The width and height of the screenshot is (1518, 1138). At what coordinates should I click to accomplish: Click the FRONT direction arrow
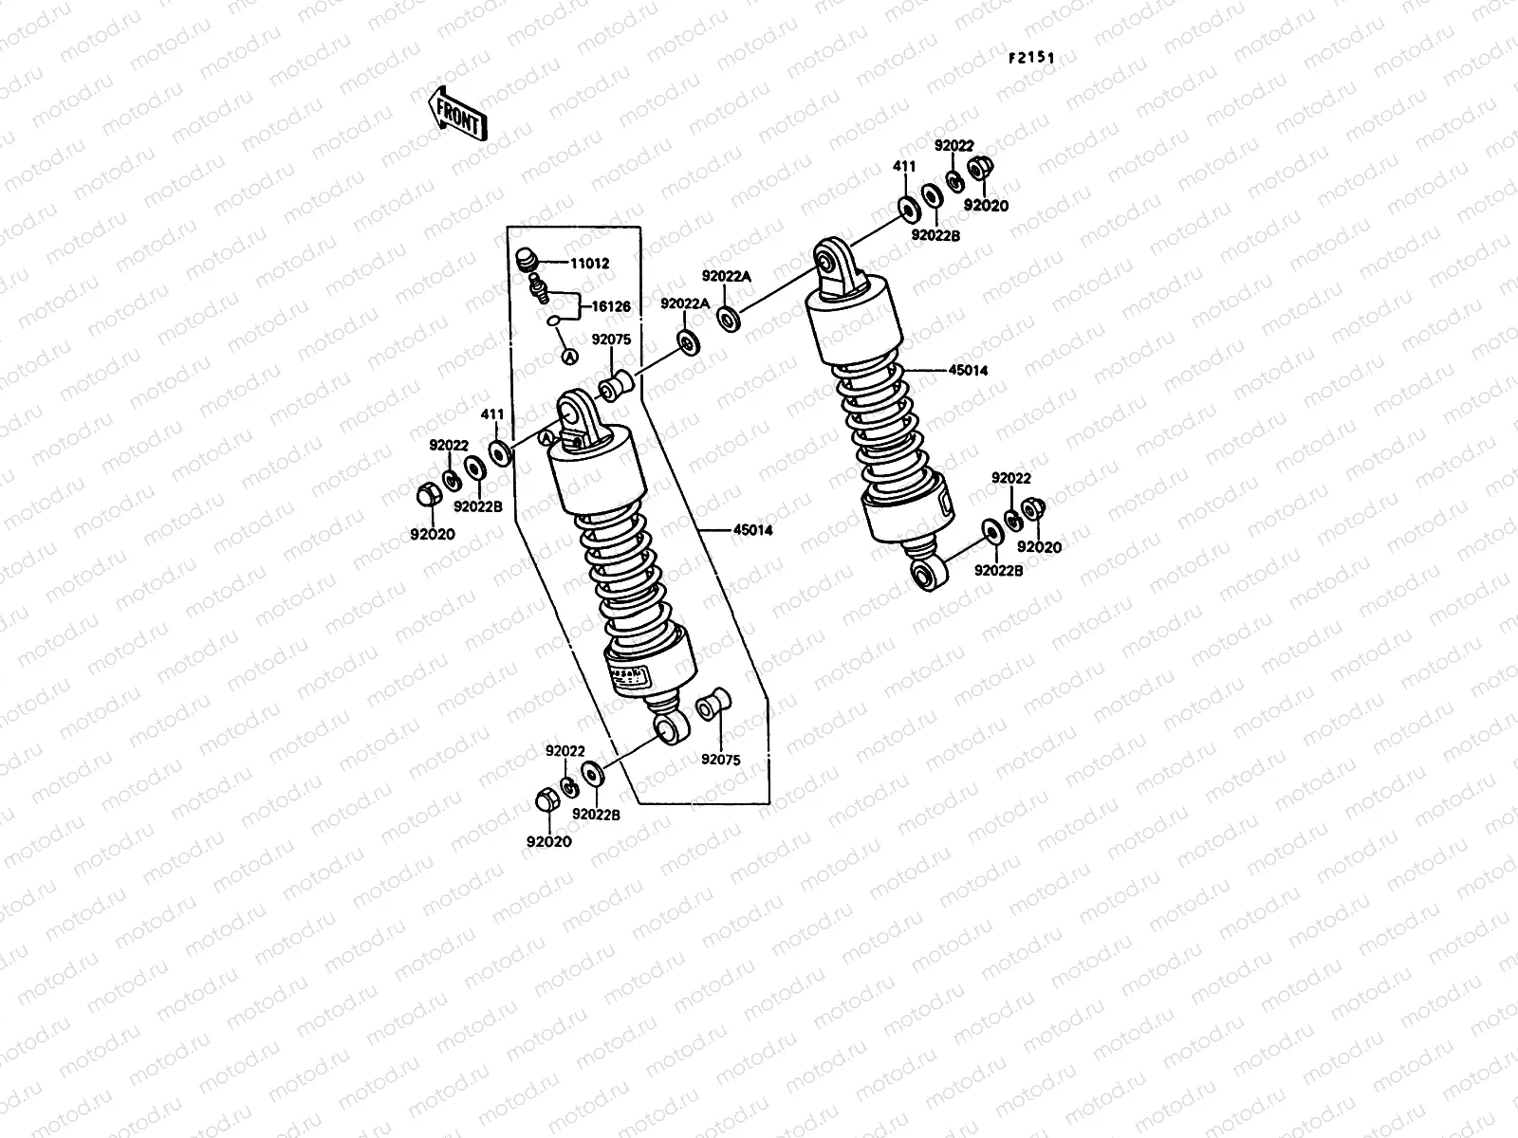tap(457, 113)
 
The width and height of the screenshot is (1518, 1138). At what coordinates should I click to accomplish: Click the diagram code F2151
tap(1031, 58)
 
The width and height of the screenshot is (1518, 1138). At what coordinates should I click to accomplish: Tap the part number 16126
tap(611, 306)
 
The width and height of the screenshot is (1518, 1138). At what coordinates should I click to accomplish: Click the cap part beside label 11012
tap(526, 259)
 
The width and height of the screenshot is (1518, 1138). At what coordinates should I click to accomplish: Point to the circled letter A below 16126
tap(568, 355)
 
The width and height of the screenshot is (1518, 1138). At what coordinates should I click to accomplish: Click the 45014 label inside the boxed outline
tap(752, 530)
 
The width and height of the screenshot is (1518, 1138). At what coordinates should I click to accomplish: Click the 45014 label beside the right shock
tap(968, 371)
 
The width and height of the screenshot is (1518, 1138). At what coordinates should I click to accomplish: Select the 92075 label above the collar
tap(611, 339)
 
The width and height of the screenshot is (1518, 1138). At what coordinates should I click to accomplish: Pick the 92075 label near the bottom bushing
tap(721, 760)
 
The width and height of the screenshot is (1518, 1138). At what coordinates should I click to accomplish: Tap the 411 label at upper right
tap(904, 167)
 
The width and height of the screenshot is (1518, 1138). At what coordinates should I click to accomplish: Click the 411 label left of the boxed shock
tap(491, 414)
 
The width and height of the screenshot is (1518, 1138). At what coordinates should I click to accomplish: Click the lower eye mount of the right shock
tap(925, 574)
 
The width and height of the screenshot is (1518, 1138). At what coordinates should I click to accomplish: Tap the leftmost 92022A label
tap(684, 303)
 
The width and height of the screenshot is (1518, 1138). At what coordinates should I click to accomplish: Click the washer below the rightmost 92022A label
tap(728, 319)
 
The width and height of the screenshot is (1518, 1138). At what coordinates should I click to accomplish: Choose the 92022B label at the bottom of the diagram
tap(596, 814)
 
